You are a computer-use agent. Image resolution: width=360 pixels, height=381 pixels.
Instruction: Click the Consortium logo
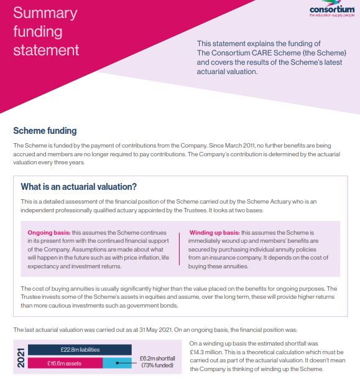331,12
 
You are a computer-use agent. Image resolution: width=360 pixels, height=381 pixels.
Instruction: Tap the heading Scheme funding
45,131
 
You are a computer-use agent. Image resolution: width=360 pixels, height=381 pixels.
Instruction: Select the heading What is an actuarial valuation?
79,186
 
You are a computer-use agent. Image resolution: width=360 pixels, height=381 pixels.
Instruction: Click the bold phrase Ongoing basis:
48,232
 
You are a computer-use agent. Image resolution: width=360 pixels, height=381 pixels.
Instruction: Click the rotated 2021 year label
21,357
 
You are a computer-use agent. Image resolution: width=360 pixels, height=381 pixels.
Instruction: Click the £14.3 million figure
208,352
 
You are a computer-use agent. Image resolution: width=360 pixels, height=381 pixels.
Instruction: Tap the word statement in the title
46,50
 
